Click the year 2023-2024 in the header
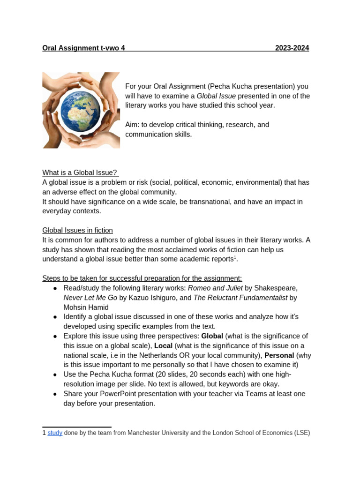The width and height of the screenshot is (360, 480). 292,48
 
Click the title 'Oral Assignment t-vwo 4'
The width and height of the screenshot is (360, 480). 83,48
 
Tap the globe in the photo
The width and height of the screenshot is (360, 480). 81,110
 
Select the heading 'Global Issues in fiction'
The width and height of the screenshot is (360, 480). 77,230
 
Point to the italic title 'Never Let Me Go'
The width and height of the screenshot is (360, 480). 90,298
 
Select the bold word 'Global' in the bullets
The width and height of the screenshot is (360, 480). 212,336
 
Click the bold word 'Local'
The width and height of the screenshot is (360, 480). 163,345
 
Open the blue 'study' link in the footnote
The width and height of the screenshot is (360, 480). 55,433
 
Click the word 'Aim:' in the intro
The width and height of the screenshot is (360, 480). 133,125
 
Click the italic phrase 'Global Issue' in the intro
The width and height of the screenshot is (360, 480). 216,96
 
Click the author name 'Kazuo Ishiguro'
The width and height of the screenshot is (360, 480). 151,298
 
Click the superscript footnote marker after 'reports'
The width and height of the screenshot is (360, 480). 235,257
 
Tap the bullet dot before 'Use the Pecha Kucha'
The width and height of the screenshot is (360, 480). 55,375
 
